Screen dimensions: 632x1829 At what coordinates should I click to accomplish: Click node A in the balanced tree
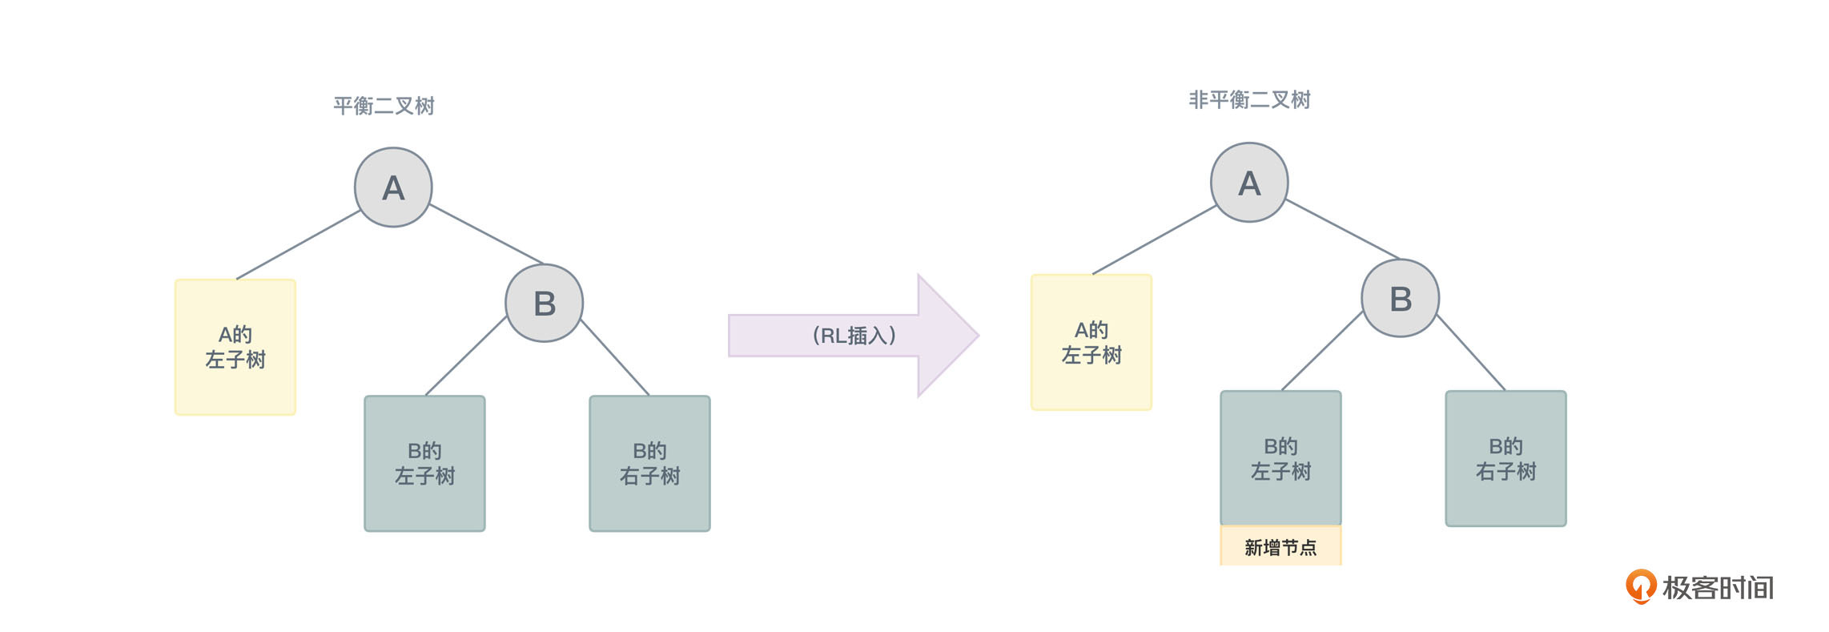[x=393, y=187]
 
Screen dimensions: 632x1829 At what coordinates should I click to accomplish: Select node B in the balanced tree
[x=545, y=304]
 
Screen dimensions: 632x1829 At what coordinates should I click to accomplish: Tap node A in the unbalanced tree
[x=1249, y=183]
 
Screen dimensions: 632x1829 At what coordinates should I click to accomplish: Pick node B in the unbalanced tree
[x=1401, y=299]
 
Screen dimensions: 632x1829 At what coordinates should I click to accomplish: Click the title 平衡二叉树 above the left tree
[x=384, y=106]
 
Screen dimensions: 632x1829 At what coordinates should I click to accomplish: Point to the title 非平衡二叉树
[x=1249, y=100]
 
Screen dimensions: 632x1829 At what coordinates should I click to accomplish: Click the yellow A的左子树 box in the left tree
[x=235, y=347]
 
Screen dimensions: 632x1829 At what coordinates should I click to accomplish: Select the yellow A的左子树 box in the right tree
[x=1091, y=342]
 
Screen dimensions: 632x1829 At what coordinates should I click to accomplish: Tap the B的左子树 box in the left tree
[x=424, y=463]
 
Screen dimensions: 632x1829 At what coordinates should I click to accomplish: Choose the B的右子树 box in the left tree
[x=649, y=463]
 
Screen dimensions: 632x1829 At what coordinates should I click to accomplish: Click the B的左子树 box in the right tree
[x=1280, y=458]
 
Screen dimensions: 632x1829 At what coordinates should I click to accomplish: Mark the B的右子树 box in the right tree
[x=1505, y=458]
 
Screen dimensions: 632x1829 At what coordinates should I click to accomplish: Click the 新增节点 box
[x=1280, y=547]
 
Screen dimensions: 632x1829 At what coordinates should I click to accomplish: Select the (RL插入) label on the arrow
[x=854, y=336]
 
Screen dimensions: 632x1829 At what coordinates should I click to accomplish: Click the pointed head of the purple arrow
[x=953, y=336]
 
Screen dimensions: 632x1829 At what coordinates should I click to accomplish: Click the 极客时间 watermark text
[x=1718, y=588]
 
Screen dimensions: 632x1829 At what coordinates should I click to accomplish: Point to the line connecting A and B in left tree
[x=487, y=234]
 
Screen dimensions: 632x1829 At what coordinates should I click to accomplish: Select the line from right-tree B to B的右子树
[x=1472, y=353]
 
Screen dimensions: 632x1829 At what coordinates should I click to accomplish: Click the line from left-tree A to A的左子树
[x=299, y=244]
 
